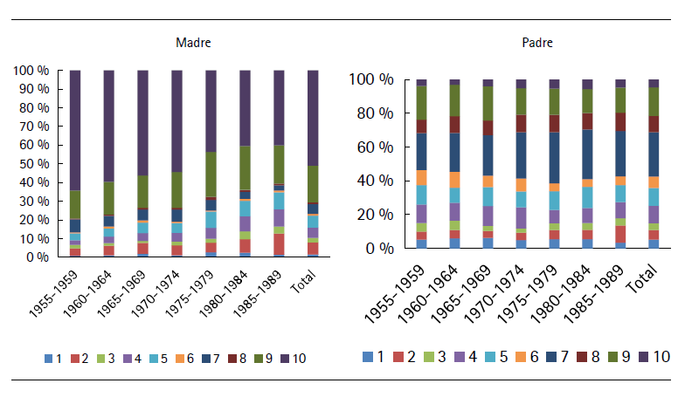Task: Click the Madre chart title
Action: point(193,43)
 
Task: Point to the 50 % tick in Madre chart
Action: point(38,164)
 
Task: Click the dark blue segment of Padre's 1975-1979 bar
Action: point(553,157)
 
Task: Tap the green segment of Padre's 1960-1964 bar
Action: point(454,100)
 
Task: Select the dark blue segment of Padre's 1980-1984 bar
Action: point(586,154)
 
